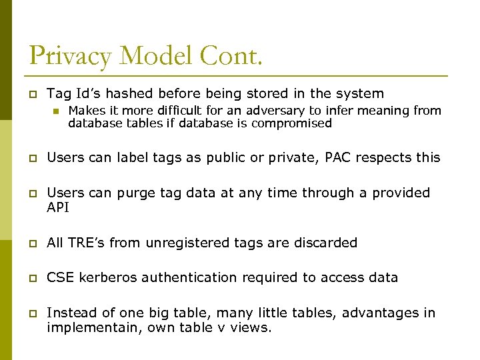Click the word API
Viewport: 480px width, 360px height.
58,207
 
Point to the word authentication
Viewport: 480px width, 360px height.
194,277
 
